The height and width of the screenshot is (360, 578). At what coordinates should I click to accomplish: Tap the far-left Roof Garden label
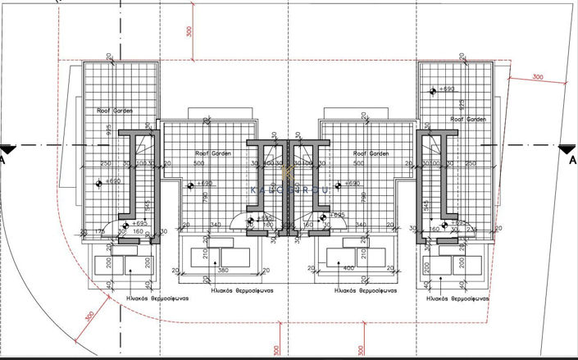[x=116, y=110]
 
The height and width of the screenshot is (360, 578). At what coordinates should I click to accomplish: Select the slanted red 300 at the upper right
[x=538, y=76]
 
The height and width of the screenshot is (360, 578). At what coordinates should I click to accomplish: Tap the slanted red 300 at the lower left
[x=89, y=317]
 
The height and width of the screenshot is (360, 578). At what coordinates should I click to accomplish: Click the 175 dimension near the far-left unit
[x=101, y=233]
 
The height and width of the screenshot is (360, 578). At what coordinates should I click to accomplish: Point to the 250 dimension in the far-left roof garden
[x=106, y=163]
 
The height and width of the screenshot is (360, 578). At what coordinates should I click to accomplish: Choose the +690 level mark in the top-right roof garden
[x=447, y=88]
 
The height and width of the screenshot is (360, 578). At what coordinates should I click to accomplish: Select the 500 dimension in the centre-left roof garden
[x=198, y=163]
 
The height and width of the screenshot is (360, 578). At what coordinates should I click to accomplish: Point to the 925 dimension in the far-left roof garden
[x=109, y=130]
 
